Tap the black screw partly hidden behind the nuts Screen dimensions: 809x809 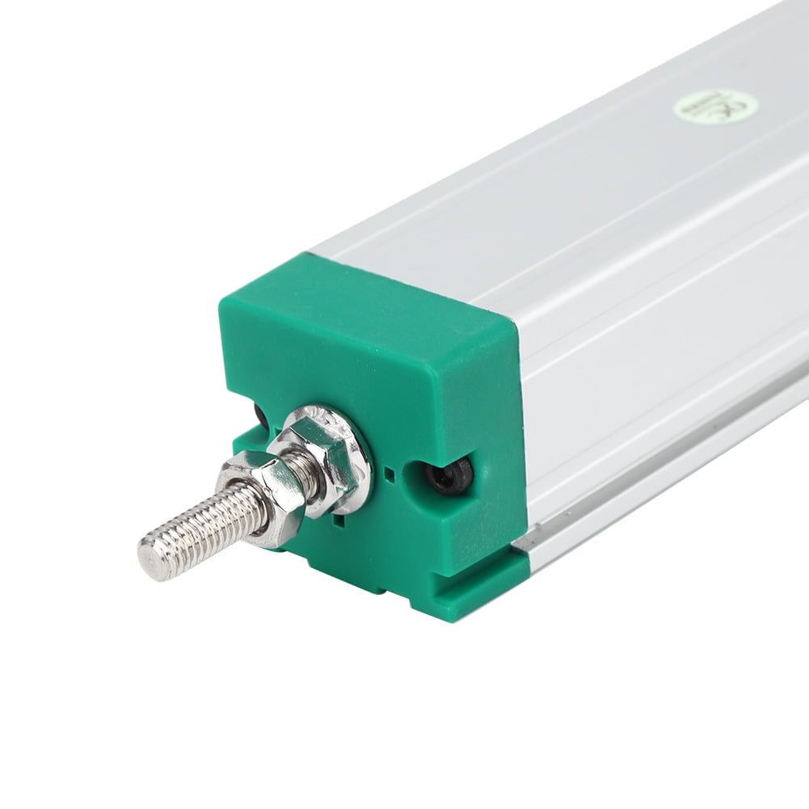(x=260, y=417)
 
